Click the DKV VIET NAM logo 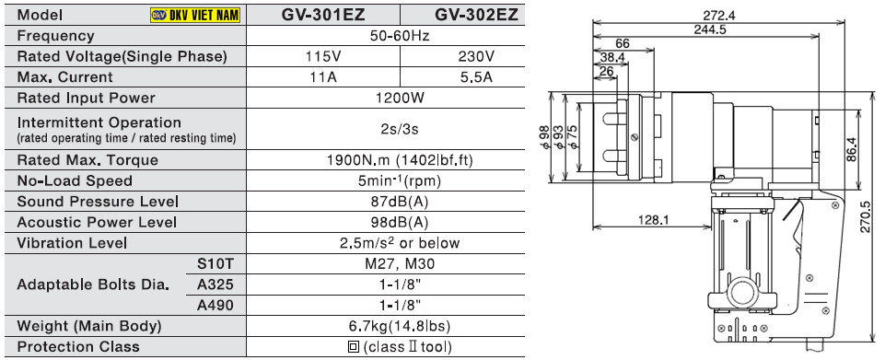click(195, 15)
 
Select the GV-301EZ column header click(323, 15)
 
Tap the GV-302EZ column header click(476, 15)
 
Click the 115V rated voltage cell click(323, 56)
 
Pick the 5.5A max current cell click(476, 76)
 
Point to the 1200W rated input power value click(401, 98)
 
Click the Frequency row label click(56, 36)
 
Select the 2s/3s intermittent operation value click(400, 129)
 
